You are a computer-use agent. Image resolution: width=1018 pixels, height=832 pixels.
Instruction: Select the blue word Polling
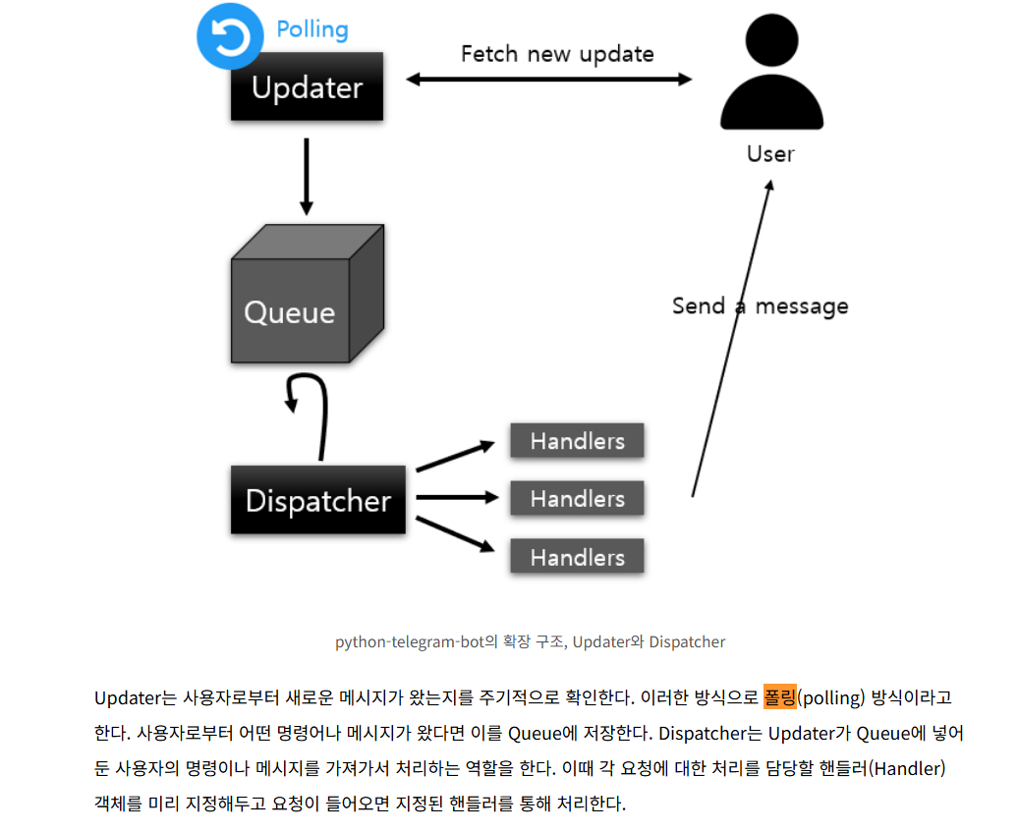pos(312,29)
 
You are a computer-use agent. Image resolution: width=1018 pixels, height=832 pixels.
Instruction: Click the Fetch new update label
pos(557,53)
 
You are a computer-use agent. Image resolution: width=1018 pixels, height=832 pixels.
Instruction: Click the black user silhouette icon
pos(770,74)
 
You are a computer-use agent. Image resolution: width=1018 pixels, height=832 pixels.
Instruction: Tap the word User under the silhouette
pos(770,154)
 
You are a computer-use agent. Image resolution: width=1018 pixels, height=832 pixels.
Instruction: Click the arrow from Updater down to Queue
pos(306,177)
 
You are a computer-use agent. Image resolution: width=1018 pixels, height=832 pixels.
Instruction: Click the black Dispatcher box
pos(318,501)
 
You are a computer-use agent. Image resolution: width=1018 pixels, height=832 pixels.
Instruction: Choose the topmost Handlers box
pos(577,441)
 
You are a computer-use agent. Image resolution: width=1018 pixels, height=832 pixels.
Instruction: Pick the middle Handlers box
pos(577,499)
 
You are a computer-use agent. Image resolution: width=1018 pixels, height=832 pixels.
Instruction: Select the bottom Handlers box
pos(577,557)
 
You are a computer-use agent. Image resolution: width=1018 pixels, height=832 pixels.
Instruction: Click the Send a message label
pos(760,305)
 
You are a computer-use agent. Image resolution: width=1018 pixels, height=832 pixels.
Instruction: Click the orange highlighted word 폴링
pos(779,697)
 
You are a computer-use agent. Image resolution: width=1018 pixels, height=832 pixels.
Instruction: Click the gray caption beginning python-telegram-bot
pos(531,642)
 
